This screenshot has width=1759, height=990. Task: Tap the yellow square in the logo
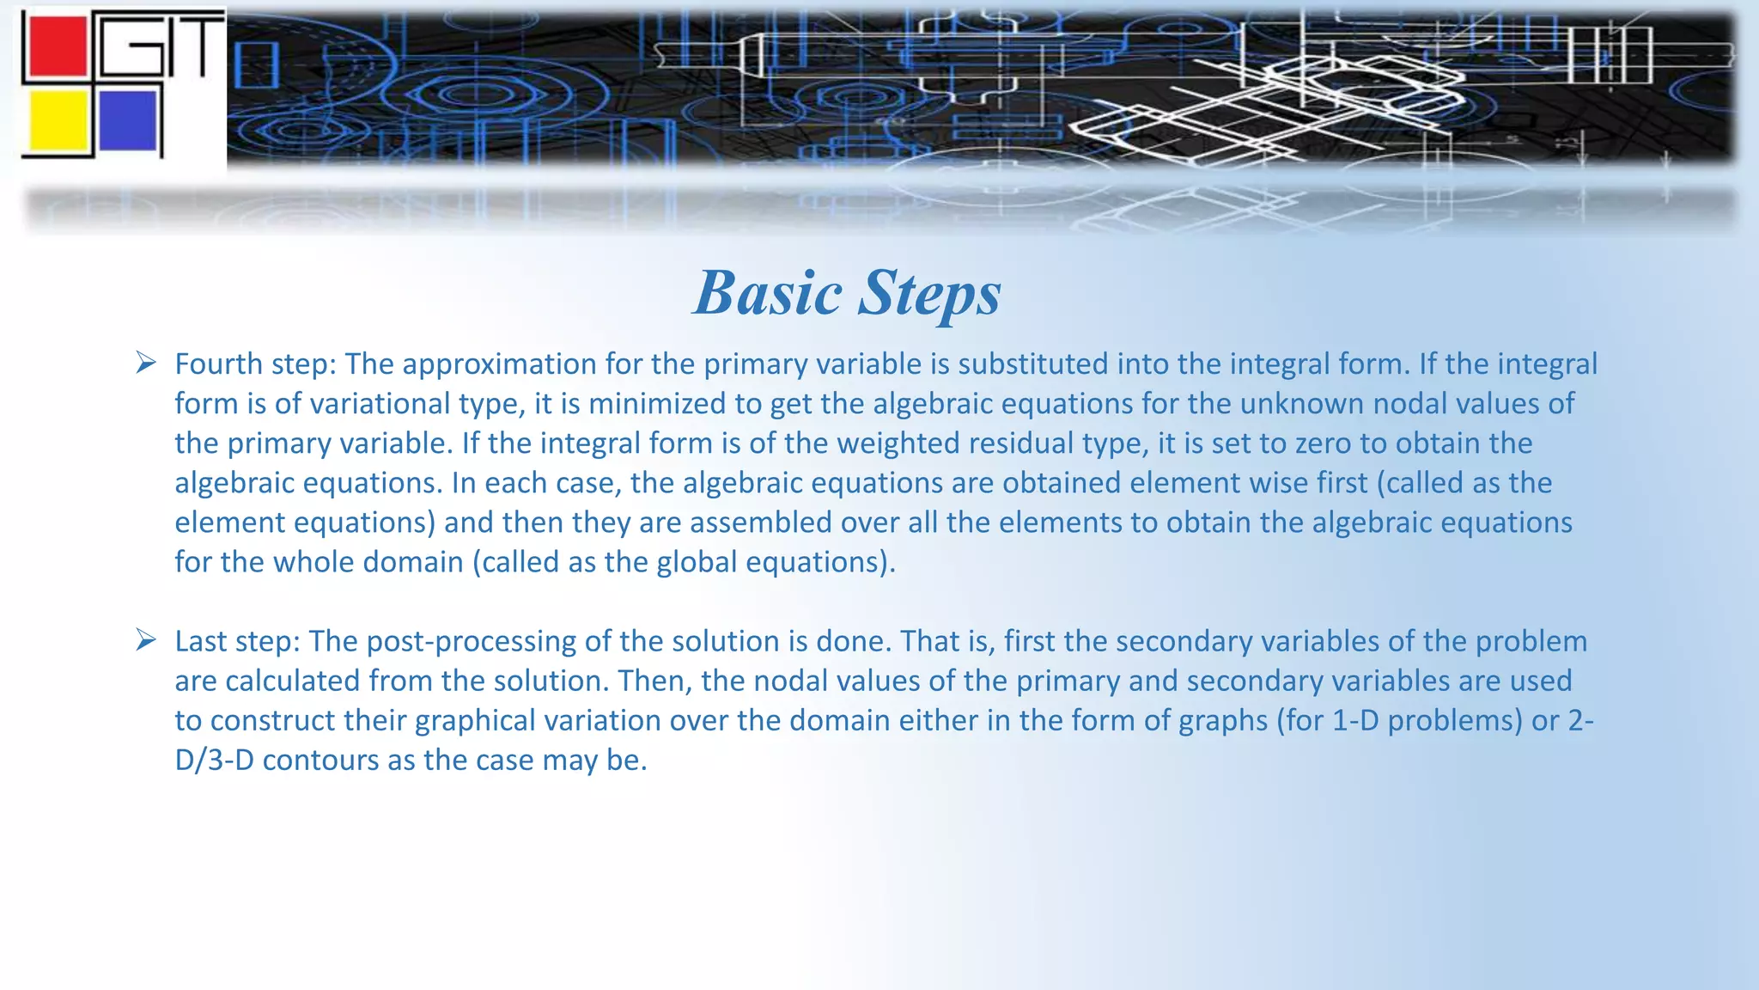58,121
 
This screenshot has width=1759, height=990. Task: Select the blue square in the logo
128,120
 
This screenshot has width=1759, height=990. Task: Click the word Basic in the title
767,293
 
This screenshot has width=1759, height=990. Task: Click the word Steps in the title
929,293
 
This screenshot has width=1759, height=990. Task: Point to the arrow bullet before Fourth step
146,363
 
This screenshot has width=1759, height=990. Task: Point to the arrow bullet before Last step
146,640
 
